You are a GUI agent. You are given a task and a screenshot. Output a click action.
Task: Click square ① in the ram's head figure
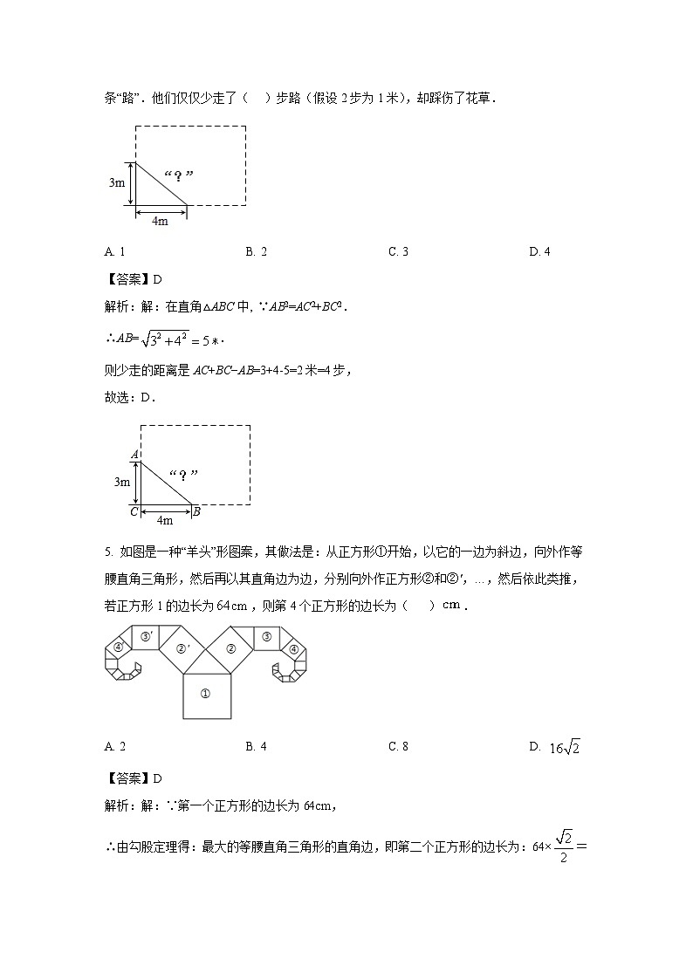coord(207,694)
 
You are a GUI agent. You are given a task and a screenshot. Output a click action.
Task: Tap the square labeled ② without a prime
coord(230,648)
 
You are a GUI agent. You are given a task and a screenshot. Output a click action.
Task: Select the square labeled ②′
coord(182,648)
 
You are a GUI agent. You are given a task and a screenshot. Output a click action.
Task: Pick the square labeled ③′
coord(146,637)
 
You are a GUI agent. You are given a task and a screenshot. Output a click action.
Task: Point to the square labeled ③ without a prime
coord(266,637)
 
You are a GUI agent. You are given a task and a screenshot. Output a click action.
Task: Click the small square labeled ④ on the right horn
coord(294,648)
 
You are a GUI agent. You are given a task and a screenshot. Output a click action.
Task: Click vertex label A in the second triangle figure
coord(134,455)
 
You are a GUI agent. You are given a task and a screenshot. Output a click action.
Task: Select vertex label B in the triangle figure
coord(196,511)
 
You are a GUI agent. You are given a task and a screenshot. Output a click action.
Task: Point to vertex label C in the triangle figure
coord(134,511)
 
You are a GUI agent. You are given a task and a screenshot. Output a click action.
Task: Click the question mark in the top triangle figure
coord(178,176)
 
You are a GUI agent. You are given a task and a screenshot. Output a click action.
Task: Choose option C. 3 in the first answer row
coord(399,252)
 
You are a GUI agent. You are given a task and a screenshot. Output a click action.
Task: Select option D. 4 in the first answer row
coord(539,252)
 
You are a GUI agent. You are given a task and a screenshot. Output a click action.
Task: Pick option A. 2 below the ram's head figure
coord(115,746)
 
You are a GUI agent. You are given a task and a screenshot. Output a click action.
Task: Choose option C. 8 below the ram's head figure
coord(399,746)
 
